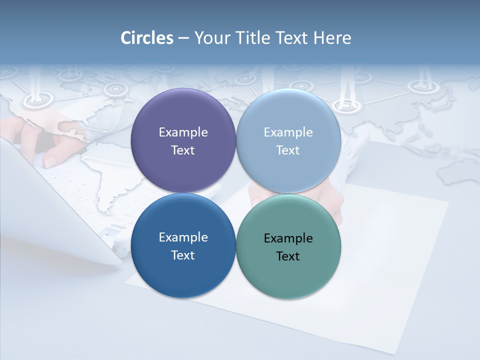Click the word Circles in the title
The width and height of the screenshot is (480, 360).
147,38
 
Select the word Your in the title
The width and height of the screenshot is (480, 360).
212,38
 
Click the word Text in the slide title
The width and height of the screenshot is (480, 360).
291,38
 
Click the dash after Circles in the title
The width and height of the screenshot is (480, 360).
183,38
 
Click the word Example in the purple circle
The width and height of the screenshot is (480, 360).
183,132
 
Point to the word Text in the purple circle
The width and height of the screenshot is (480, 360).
183,150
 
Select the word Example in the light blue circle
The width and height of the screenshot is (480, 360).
288,132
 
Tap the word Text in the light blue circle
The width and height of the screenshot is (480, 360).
288,150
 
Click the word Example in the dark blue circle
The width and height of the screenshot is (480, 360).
183,237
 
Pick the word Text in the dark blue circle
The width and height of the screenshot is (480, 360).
183,255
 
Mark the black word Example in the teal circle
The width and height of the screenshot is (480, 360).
288,238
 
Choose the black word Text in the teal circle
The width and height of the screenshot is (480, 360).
288,256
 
